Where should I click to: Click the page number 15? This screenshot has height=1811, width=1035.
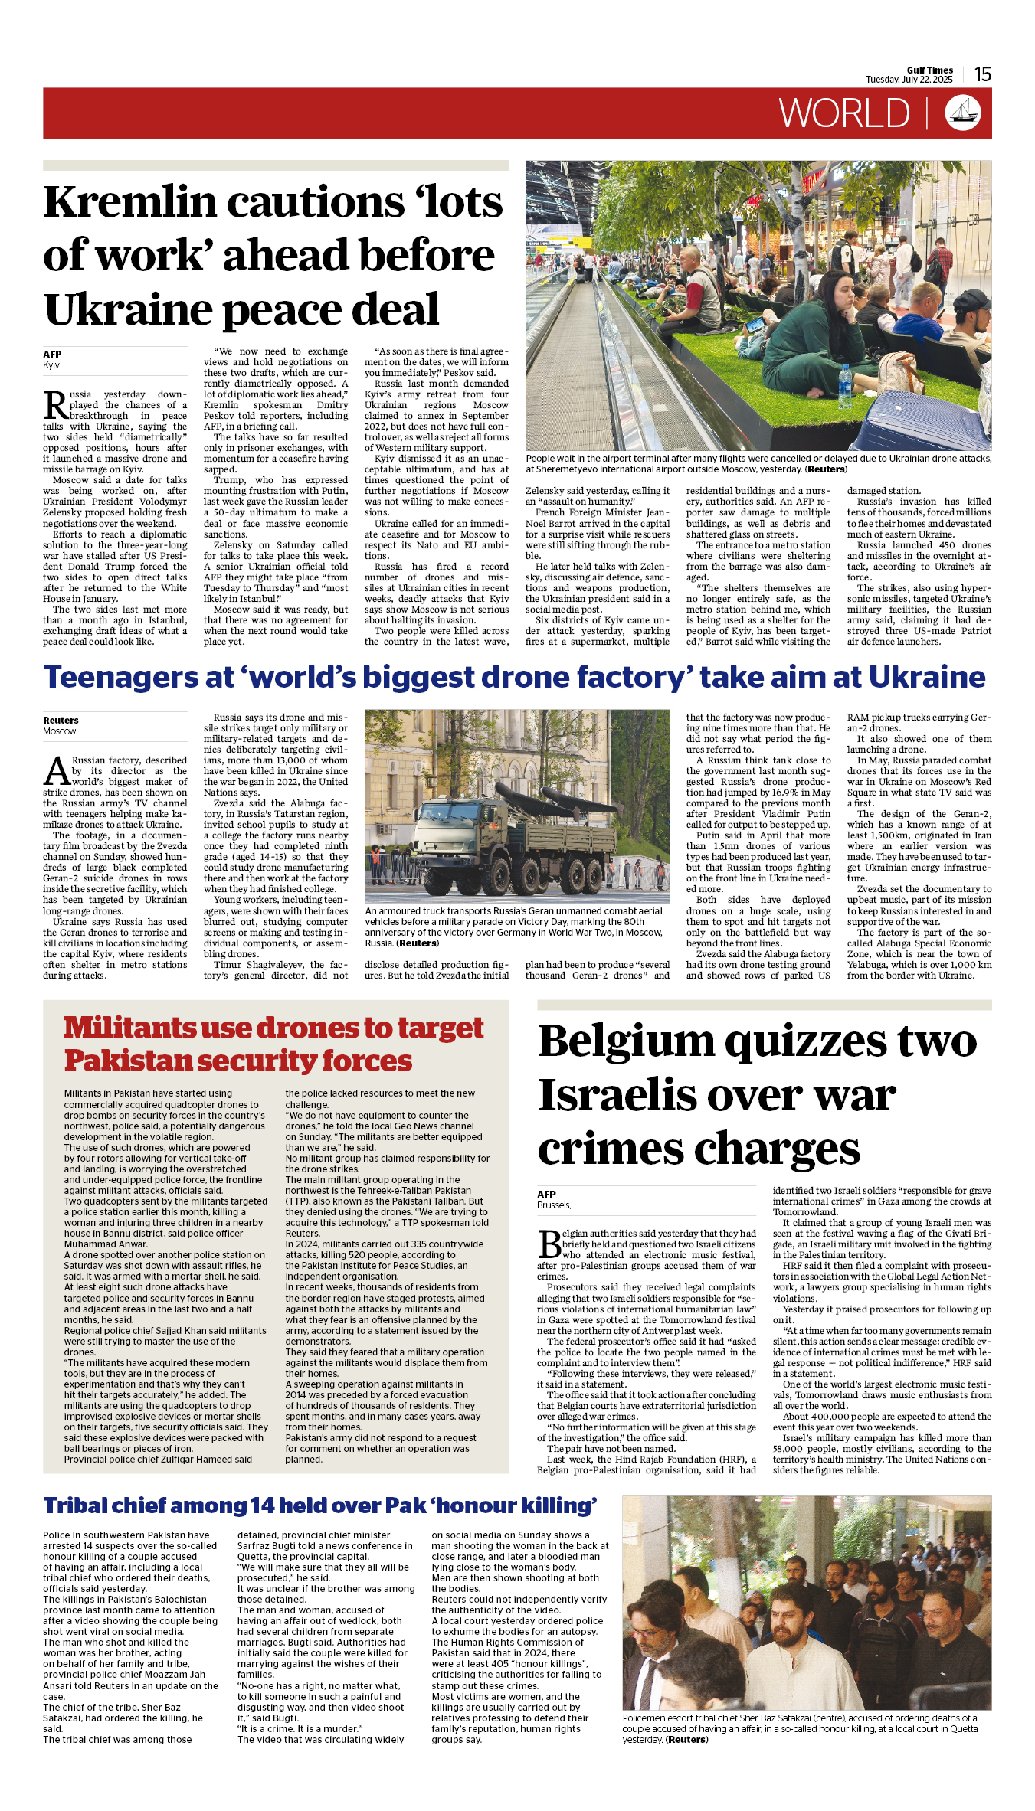[x=983, y=74]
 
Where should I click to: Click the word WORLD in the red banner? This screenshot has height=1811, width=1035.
[x=844, y=113]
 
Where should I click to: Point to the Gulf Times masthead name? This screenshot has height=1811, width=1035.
[x=929, y=70]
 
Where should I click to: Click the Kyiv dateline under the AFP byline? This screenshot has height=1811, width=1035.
[x=51, y=365]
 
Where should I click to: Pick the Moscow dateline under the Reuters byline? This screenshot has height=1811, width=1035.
[x=59, y=731]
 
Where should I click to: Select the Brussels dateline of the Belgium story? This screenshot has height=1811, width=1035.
[x=553, y=1205]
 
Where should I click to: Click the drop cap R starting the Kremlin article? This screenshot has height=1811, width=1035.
[x=55, y=405]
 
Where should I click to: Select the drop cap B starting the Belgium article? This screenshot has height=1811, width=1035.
[x=549, y=1245]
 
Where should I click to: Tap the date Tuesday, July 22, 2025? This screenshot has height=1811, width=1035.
[x=909, y=80]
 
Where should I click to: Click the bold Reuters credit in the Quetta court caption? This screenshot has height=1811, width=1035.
[x=687, y=1739]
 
